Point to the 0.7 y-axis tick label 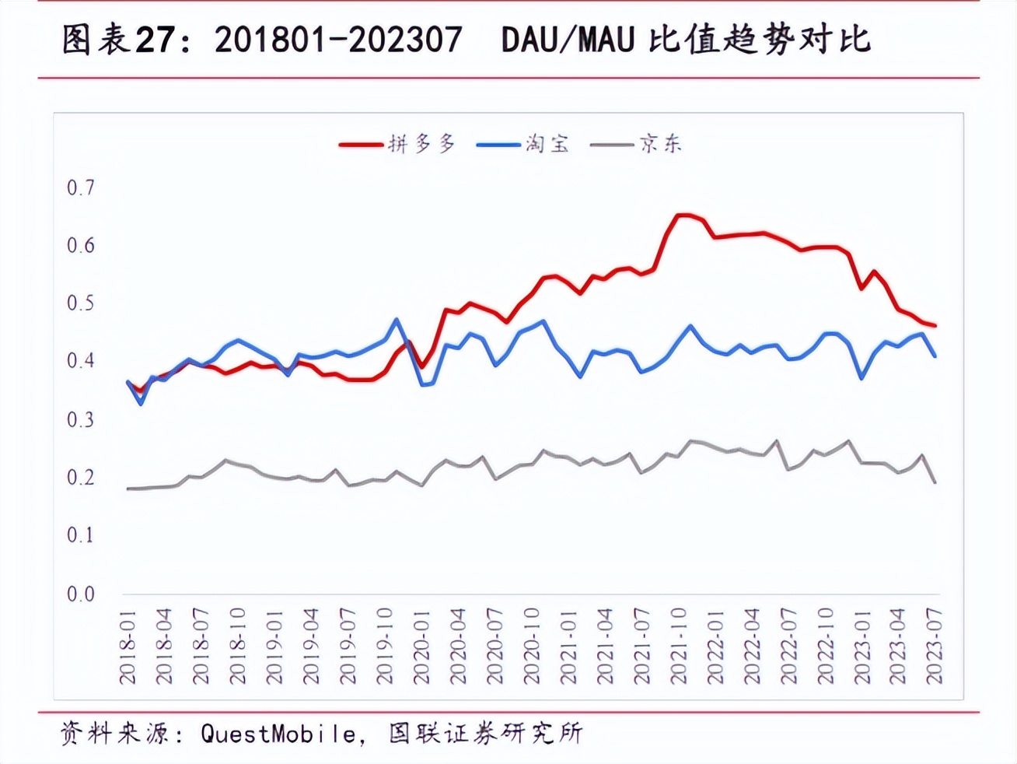(80, 187)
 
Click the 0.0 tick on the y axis (80, 594)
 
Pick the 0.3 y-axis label (80, 420)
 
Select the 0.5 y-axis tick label (80, 303)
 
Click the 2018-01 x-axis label (128, 647)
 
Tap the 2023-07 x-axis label (935, 647)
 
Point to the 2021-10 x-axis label (679, 647)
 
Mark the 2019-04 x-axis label (312, 647)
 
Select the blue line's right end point (935, 356)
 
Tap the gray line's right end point (935, 482)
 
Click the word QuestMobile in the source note (278, 734)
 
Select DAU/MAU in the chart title (568, 40)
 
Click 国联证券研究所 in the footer (486, 734)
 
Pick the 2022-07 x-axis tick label (788, 647)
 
